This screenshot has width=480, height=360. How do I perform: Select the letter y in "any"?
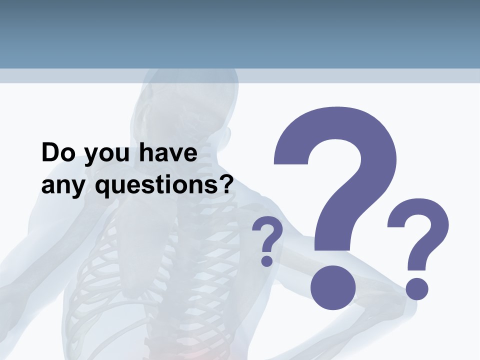click(79, 189)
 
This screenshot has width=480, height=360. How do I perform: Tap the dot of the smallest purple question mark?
click(267, 260)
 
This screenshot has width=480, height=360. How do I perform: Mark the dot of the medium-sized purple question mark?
click(416, 288)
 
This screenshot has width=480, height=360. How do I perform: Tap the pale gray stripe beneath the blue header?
click(240, 76)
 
